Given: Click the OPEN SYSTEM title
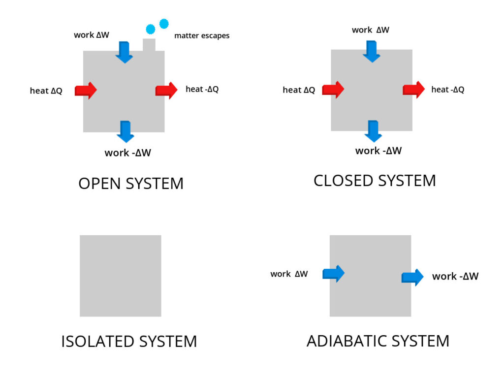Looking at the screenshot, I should [x=131, y=184].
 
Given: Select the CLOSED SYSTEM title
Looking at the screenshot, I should [x=375, y=181].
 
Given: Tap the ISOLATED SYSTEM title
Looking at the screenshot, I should [x=129, y=341].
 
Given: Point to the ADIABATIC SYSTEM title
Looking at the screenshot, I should [x=378, y=341].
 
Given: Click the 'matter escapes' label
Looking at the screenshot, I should [x=202, y=36].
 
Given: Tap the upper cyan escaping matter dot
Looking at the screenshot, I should [x=164, y=23].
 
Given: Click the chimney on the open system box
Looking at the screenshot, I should [x=149, y=44].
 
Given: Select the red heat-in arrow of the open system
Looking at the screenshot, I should [x=86, y=91].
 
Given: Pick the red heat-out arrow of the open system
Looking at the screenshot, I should [x=166, y=90].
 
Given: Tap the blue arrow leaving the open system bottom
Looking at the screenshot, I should [x=126, y=131].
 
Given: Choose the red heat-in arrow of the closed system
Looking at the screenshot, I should [x=333, y=90].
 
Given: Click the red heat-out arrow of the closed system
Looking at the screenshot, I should [x=413, y=90].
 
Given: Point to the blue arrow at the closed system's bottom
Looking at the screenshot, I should [x=373, y=131].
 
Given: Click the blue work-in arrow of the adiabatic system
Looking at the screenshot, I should [x=333, y=274].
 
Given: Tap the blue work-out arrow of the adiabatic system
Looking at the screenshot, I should [x=412, y=277].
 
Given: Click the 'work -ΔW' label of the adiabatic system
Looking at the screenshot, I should [x=455, y=277].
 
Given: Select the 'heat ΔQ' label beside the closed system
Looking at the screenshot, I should [x=299, y=90].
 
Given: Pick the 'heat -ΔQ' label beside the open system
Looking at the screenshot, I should [x=202, y=89].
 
